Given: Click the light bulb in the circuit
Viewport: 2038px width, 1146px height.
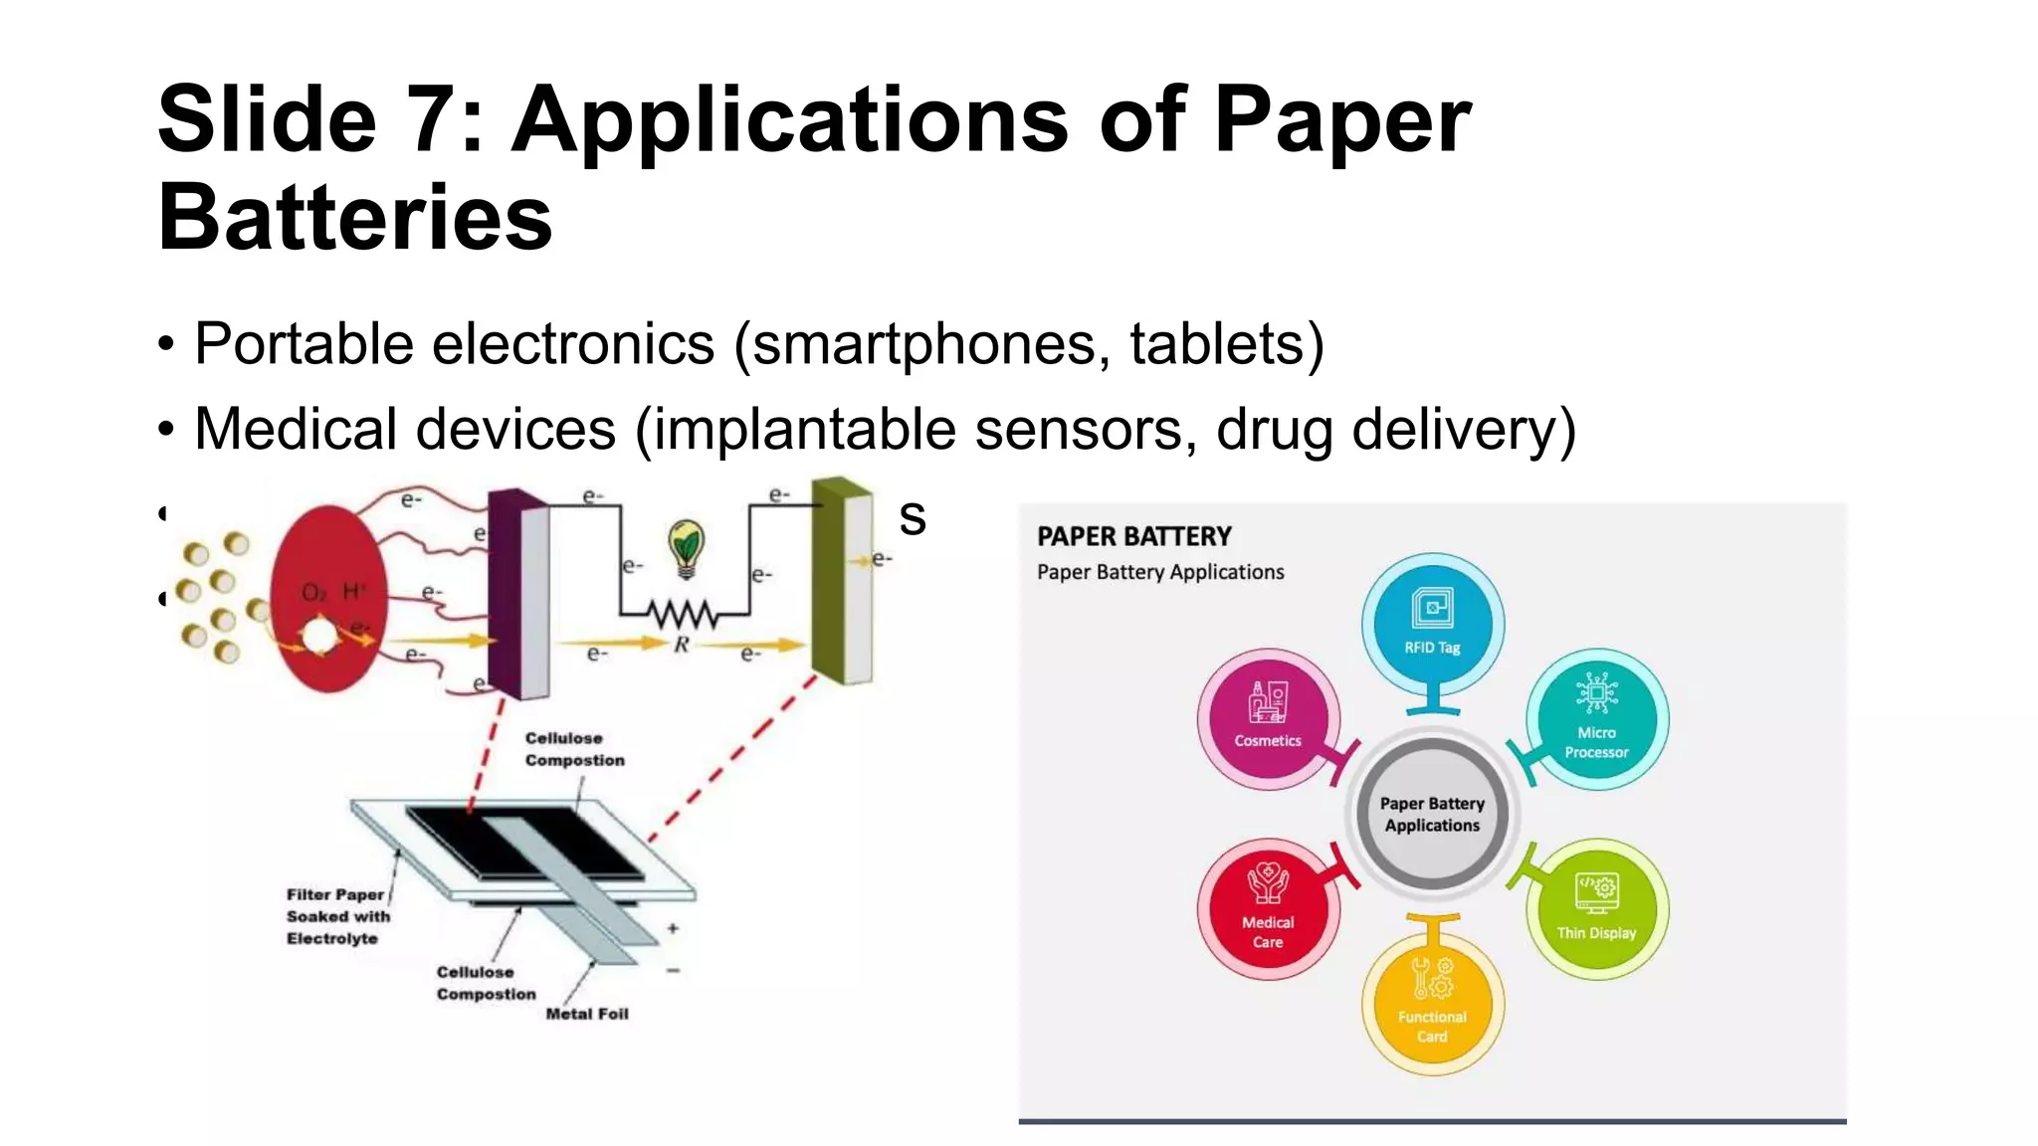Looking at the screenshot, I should pyautogui.click(x=686, y=546).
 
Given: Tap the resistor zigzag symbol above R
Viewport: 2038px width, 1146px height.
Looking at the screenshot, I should pyautogui.click(x=682, y=615).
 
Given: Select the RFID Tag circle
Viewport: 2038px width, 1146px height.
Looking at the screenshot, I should pyautogui.click(x=1432, y=624).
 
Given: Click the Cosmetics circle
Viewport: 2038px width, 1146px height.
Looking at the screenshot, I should pyautogui.click(x=1268, y=718).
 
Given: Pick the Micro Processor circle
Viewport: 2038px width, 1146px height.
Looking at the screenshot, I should pyautogui.click(x=1596, y=718).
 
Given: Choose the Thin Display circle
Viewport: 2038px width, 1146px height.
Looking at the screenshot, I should pyautogui.click(x=1596, y=909).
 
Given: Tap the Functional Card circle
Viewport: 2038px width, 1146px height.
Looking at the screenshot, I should pyautogui.click(x=1432, y=1004).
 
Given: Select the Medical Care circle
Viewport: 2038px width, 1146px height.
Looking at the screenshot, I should pyautogui.click(x=1268, y=909).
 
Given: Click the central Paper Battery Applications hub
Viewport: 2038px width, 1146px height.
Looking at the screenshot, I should pyautogui.click(x=1432, y=814).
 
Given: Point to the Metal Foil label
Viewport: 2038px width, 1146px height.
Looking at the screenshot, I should pyautogui.click(x=587, y=1014).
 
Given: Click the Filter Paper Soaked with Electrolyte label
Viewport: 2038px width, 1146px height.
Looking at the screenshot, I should pyautogui.click(x=337, y=916).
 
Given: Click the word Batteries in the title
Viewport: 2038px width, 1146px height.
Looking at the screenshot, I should pyautogui.click(x=354, y=218).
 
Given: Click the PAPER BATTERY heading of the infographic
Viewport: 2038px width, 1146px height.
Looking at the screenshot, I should pyautogui.click(x=1133, y=537).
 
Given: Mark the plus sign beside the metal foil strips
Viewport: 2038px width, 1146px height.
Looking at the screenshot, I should pyautogui.click(x=674, y=928).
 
